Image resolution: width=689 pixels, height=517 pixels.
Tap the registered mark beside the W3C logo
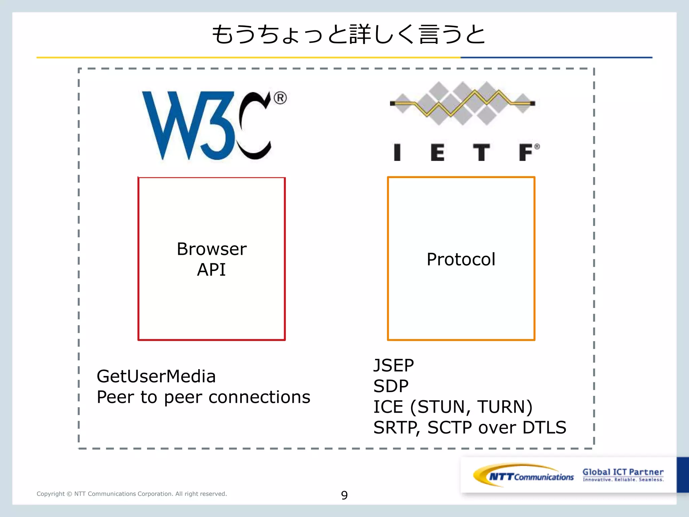point(280,98)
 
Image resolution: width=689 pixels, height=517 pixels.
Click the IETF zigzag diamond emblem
point(463,103)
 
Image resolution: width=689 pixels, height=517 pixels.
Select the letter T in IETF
point(481,152)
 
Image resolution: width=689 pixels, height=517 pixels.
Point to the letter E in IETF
point(438,152)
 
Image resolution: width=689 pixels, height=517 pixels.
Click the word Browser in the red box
point(212,249)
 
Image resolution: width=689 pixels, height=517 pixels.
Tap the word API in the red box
point(211,270)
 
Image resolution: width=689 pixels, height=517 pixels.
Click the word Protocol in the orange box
point(461,260)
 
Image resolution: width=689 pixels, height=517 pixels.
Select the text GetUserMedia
point(156,376)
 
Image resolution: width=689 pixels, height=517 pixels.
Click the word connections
point(259,397)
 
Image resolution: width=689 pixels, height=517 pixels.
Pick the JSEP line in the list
point(394,366)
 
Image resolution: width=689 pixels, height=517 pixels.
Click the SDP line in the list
point(391,386)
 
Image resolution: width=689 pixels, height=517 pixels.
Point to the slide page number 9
point(344,495)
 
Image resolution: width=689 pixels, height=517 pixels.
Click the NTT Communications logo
point(523,476)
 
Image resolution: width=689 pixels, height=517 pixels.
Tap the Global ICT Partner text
point(623,472)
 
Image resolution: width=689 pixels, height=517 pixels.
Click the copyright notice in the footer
point(132,494)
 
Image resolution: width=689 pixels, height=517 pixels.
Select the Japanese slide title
point(348,35)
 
